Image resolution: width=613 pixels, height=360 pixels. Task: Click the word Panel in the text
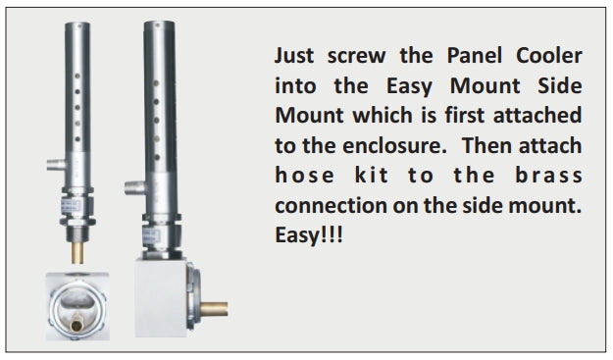click(474, 56)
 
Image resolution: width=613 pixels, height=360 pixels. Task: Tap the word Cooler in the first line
click(549, 56)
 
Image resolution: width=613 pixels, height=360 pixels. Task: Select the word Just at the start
click(294, 56)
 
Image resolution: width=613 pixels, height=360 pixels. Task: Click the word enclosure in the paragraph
click(394, 146)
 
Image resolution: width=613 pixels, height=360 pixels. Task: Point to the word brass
click(548, 176)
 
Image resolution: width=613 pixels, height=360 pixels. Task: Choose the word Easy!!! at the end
click(309, 235)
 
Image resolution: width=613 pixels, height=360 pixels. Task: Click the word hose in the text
click(305, 176)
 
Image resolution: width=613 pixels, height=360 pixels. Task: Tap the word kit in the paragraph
click(372, 176)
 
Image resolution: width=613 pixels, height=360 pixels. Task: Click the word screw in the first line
click(356, 57)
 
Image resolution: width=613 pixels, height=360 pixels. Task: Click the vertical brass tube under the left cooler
click(77, 253)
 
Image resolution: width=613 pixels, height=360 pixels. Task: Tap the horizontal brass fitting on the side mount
click(214, 309)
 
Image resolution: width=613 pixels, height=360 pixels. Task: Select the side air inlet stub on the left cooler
click(57, 165)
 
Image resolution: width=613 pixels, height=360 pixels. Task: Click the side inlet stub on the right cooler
click(135, 188)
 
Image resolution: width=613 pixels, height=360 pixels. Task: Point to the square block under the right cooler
click(160, 298)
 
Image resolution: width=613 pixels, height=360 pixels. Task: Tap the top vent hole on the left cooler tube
click(77, 76)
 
